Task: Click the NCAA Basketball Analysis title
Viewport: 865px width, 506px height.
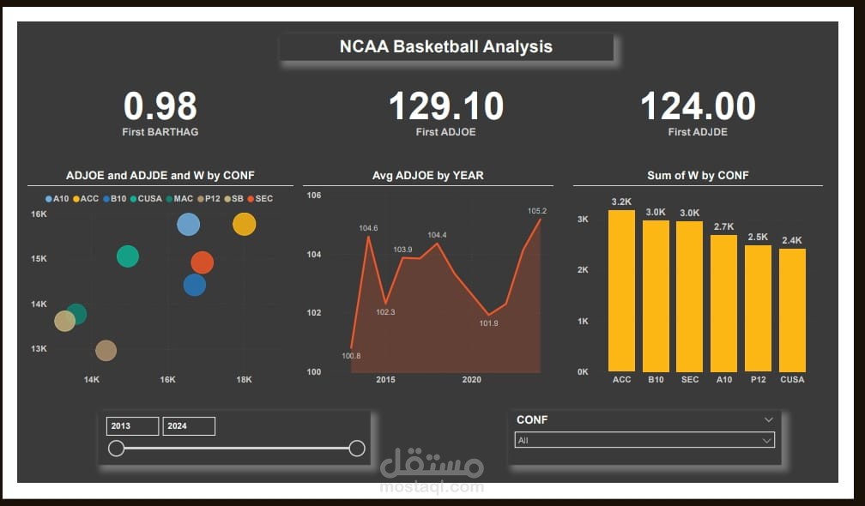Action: pos(445,46)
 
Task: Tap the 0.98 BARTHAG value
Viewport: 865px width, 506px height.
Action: pos(160,106)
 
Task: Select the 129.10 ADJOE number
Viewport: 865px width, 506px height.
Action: pos(445,106)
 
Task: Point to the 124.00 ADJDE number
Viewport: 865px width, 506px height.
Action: pos(698,106)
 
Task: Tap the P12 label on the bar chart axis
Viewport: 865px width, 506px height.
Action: pos(758,379)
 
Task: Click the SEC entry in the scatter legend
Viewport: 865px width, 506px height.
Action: pos(260,199)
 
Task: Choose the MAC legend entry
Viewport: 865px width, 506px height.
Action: pos(179,199)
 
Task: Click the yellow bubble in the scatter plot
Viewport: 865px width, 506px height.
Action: pos(245,224)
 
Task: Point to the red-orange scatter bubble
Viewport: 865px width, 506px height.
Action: pos(202,262)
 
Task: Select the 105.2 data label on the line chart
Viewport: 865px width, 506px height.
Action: pos(537,211)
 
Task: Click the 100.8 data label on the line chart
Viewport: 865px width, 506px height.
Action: pos(351,356)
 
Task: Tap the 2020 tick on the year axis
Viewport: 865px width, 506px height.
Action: pos(472,379)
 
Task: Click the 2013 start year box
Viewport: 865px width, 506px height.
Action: pos(132,426)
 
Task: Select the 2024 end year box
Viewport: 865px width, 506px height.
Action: pos(189,426)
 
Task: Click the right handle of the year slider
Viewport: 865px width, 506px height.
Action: pos(357,449)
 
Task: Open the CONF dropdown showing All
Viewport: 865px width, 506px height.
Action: pos(644,440)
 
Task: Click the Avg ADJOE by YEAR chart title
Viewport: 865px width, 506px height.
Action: pos(427,176)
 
